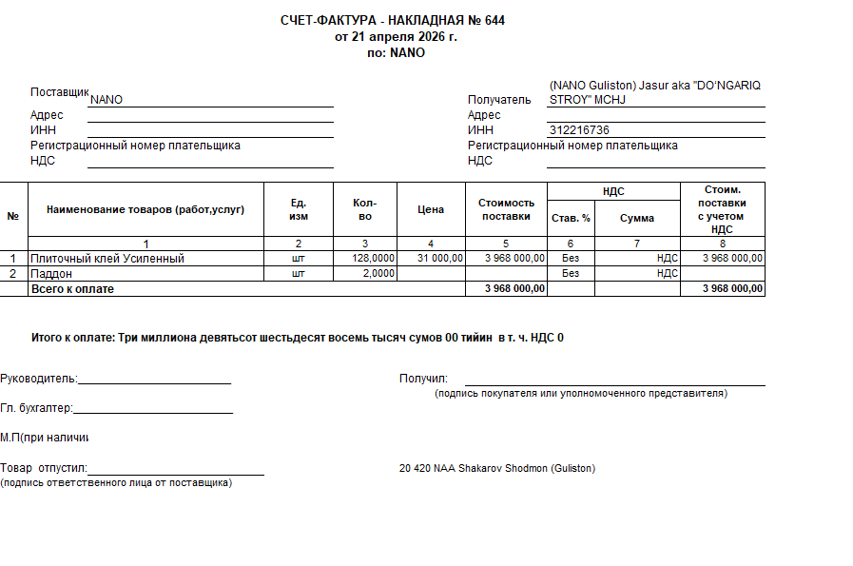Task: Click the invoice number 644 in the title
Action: [494, 21]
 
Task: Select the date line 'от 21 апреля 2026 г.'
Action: [396, 37]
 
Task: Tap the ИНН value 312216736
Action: [579, 130]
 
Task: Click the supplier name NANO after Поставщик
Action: [107, 100]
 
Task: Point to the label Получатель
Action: [499, 100]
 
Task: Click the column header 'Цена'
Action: [431, 210]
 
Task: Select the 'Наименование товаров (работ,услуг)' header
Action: [145, 210]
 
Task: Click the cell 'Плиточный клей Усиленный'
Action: [107, 259]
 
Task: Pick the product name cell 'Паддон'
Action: [52, 274]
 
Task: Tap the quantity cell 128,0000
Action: [372, 259]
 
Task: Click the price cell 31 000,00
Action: [440, 259]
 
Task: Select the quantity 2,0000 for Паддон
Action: [378, 274]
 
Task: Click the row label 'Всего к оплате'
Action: [72, 289]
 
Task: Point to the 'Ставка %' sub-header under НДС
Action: [571, 218]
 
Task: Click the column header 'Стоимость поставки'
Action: [506, 210]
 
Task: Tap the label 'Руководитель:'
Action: [39, 379]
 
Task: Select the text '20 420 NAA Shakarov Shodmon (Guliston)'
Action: [497, 469]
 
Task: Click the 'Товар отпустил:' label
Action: [44, 469]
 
